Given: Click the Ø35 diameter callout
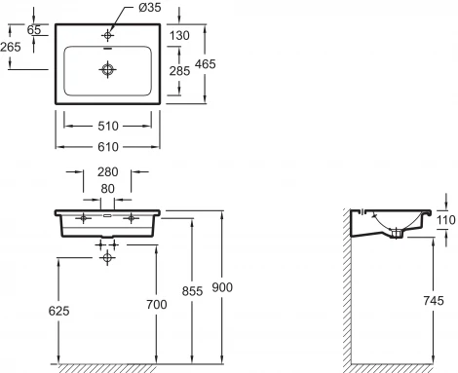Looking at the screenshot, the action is [150, 7].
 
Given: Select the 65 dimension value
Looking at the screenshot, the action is [34, 30].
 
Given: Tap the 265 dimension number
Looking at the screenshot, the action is [11, 47].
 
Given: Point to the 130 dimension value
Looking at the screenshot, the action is [179, 35].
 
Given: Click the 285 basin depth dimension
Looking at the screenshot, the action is [179, 71].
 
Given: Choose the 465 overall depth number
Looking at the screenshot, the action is [206, 64].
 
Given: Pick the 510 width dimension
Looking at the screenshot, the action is [108, 126].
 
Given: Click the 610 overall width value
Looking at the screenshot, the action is [108, 147].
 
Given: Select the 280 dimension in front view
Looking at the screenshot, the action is [107, 172].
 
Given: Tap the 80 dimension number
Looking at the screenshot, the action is [107, 189].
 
